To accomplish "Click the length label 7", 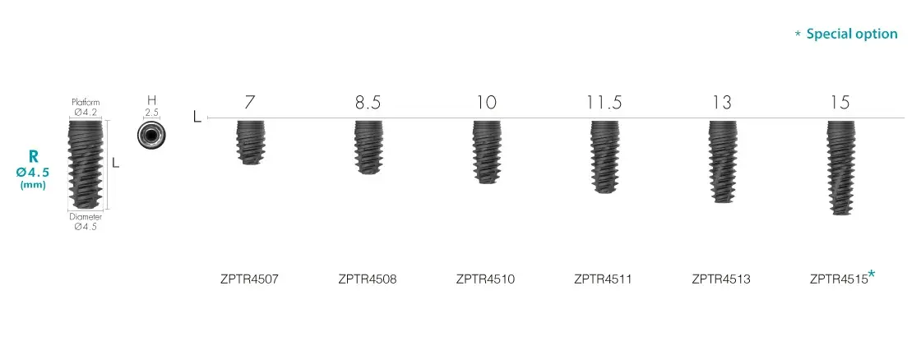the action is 250,103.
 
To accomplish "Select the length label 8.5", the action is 368,103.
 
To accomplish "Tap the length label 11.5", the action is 604,103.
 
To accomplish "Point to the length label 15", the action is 840,103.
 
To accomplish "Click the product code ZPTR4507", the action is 249,279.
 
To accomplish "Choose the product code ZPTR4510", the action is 485,279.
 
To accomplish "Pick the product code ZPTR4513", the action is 720,279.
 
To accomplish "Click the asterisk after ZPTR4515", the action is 872,273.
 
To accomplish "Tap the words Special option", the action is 852,34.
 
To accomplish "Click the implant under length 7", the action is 250,142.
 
